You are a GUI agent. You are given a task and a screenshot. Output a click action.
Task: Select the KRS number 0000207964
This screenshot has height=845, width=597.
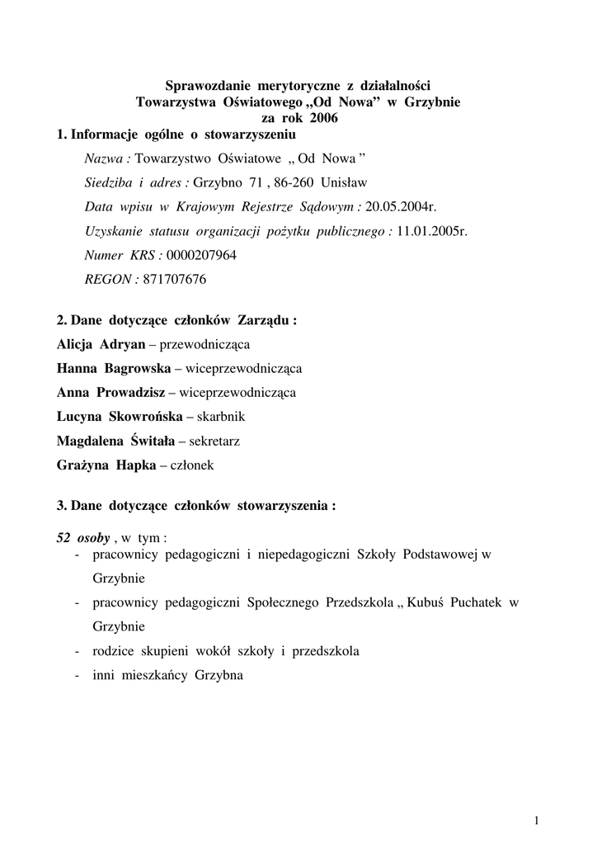201,256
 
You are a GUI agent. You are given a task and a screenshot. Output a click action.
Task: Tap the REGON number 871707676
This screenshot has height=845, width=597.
175,280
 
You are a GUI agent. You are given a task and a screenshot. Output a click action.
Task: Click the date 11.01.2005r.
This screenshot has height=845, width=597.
431,232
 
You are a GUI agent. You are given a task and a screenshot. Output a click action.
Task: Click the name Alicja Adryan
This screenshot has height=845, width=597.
101,344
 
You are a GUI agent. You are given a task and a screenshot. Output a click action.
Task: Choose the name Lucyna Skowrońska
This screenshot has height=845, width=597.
120,417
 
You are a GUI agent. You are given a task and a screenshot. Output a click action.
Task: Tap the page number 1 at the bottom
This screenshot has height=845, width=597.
537,819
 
